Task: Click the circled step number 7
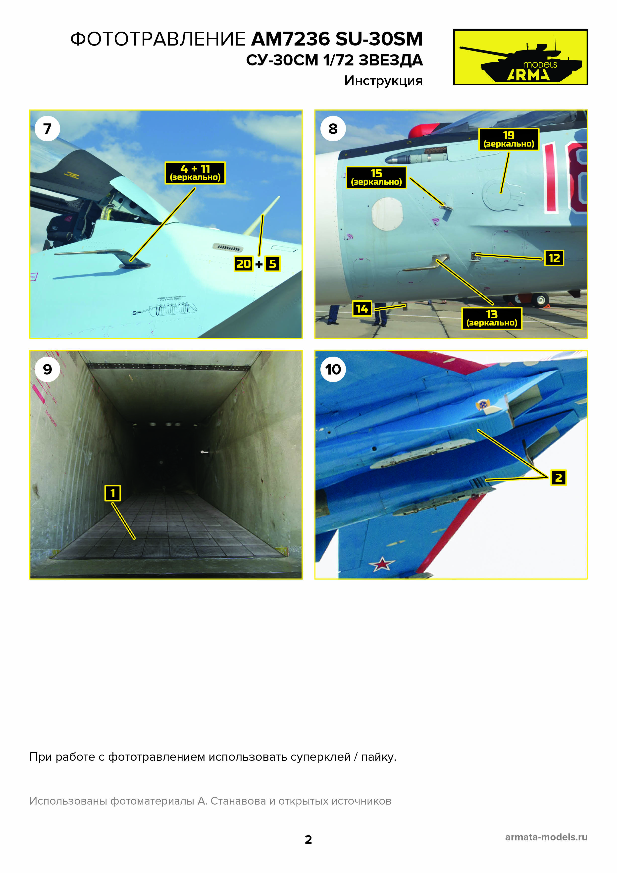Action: tap(47, 128)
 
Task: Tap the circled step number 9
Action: tap(47, 369)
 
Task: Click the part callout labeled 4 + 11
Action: tap(195, 173)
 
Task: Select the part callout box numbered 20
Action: tap(243, 264)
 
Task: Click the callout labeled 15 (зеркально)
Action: tap(376, 177)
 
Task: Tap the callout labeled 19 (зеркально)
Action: tap(509, 139)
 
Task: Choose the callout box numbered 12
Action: tap(554, 258)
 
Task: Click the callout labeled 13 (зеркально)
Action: tap(492, 318)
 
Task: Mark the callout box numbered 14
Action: tap(362, 308)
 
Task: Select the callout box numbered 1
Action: tap(112, 493)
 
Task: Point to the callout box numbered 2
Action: tap(559, 478)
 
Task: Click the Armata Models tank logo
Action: tap(520, 57)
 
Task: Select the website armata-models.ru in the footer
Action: tap(546, 837)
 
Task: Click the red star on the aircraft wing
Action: tap(382, 564)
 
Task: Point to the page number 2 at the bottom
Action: tap(308, 840)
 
